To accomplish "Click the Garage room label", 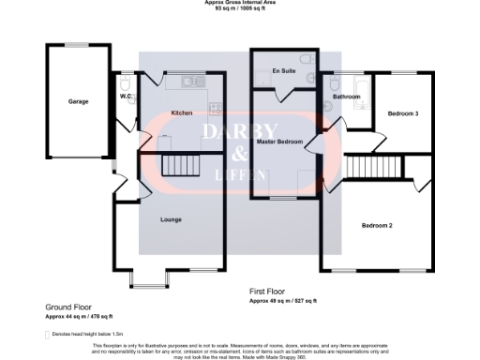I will pos(78,101).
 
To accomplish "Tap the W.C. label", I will pos(125,96).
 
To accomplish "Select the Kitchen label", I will pos(182,112).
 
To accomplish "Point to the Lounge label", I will pos(171,219).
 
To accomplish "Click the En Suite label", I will pos(282,71).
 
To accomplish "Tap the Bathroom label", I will pos(347,97).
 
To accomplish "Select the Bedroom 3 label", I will pos(403,113).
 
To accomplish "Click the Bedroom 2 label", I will pos(377,225).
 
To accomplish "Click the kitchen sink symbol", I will pos(192,80).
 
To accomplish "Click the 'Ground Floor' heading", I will pos(68,307).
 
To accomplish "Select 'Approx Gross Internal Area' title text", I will pos(239,3).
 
